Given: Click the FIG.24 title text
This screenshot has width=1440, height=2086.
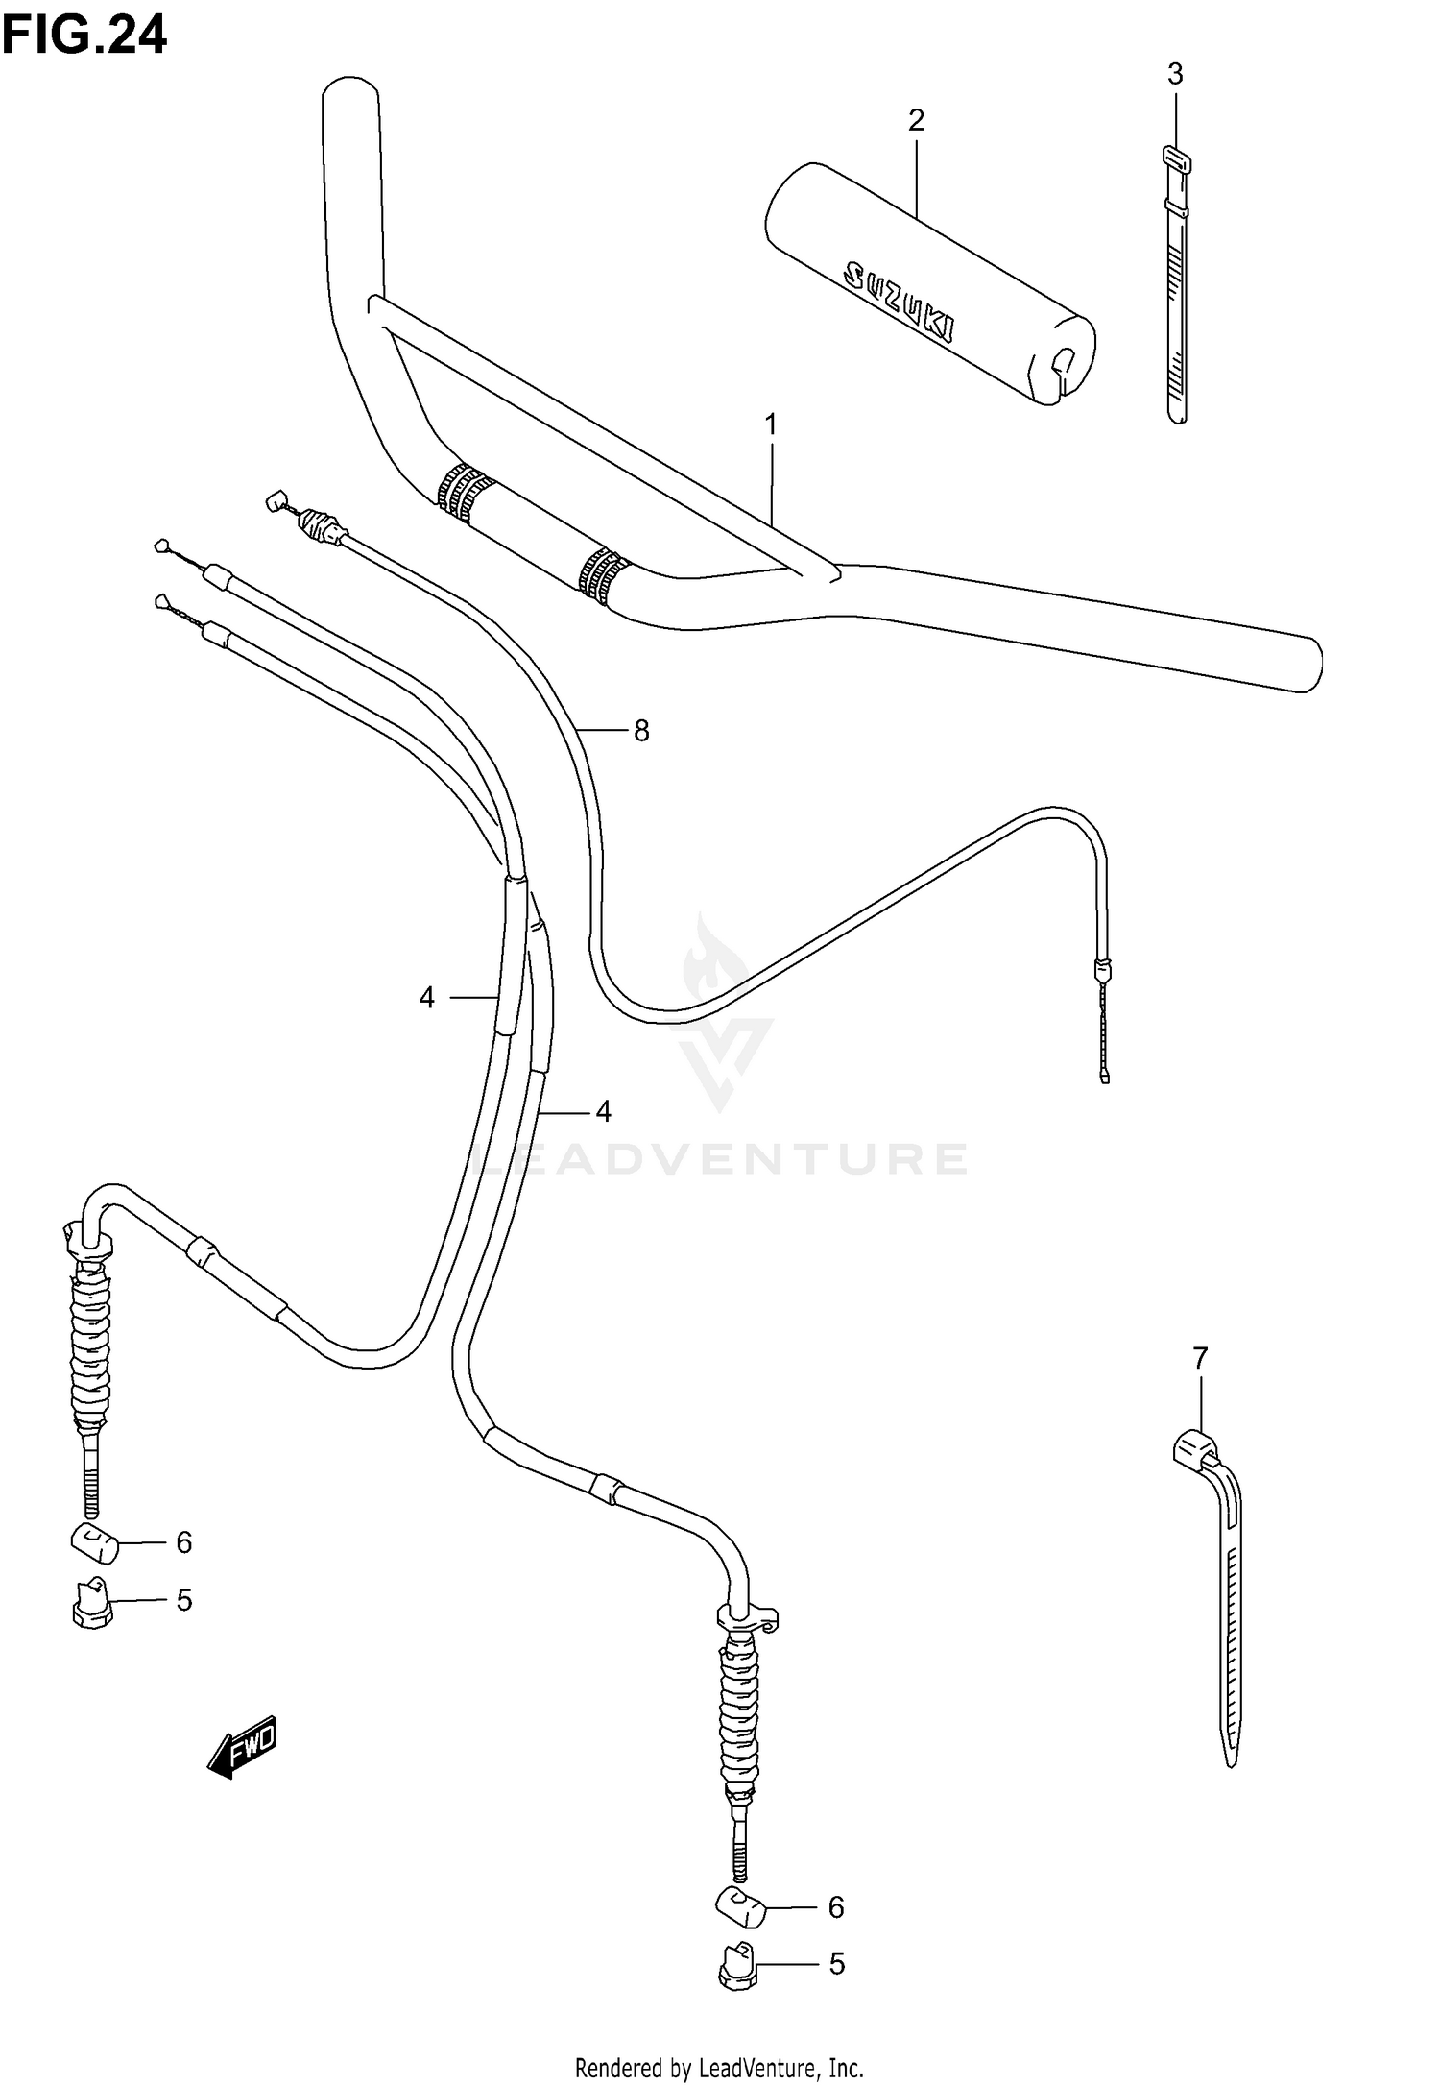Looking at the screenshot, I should [x=84, y=36].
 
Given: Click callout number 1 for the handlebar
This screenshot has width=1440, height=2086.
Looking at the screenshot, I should [x=770, y=424].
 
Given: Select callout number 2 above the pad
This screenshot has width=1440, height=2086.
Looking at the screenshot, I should [x=916, y=120].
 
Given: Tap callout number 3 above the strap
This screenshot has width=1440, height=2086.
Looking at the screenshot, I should [x=1175, y=74].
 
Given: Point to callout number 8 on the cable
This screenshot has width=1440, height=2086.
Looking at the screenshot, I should [x=641, y=732].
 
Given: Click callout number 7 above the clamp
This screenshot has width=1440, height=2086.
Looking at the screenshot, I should [x=1200, y=1359].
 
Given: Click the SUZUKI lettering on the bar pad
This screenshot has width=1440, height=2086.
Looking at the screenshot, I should [x=898, y=299].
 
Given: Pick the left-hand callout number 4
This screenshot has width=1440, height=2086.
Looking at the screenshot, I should [x=426, y=999].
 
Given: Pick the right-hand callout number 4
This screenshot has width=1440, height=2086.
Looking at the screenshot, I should [x=603, y=1112].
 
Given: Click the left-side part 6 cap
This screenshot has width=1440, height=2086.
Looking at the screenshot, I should [x=93, y=1543].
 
